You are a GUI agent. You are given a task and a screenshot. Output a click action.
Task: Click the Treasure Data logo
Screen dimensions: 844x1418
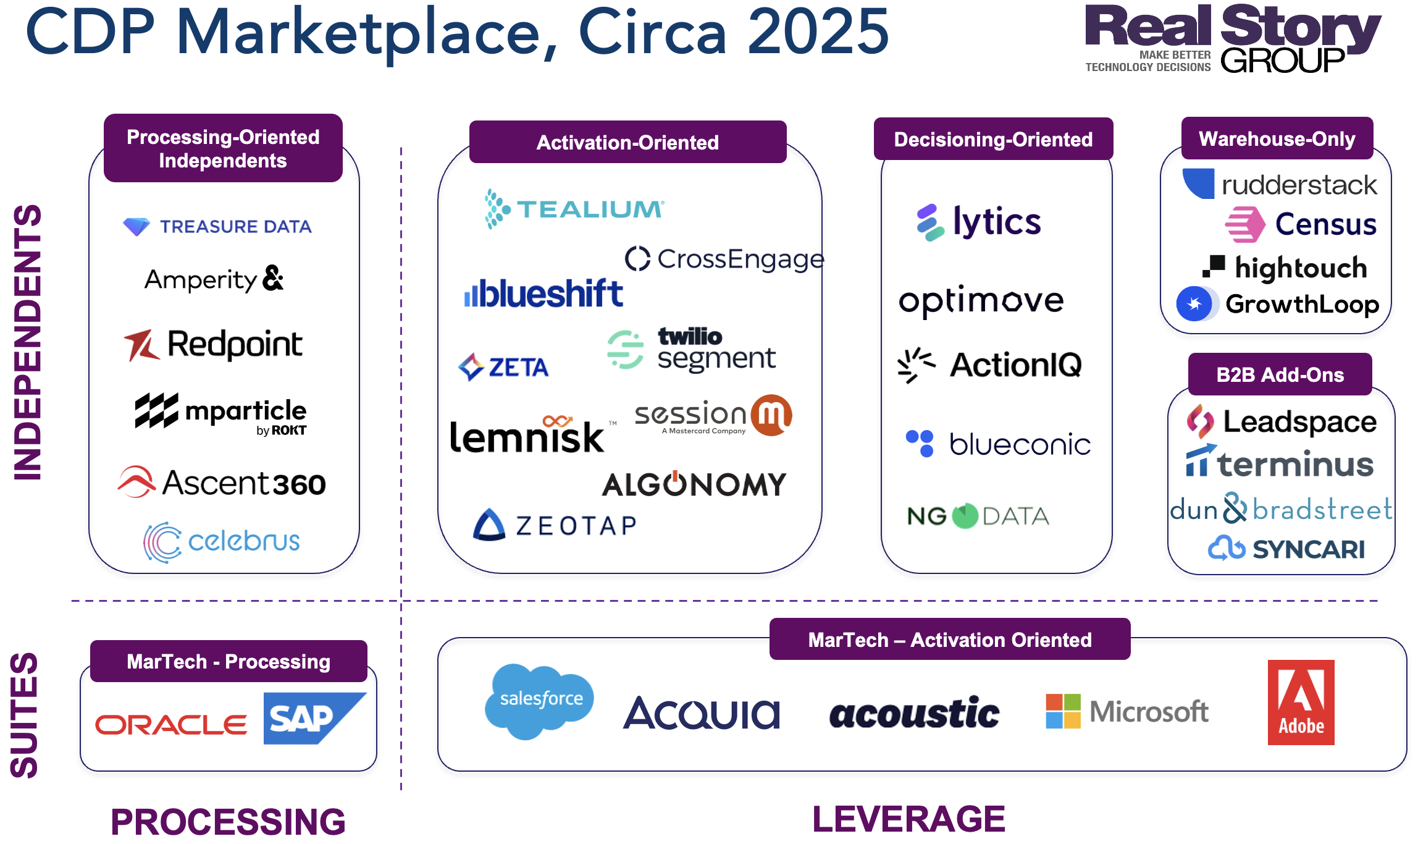click(x=217, y=226)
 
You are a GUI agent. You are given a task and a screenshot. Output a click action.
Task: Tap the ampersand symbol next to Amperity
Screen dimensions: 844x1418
click(x=273, y=278)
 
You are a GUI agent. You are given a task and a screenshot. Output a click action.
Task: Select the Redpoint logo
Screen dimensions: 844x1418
click(x=214, y=345)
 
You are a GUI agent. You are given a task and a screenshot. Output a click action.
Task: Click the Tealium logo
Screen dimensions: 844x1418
click(x=574, y=209)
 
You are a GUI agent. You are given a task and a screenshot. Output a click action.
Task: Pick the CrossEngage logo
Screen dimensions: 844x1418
click(x=724, y=259)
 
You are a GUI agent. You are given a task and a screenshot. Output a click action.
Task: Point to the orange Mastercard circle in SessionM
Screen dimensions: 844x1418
click(x=771, y=415)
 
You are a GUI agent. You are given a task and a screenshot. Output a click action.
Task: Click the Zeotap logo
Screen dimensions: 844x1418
click(x=555, y=525)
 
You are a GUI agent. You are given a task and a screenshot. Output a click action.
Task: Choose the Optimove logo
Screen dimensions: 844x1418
click(x=981, y=301)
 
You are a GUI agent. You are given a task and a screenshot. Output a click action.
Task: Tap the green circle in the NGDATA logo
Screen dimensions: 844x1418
click(x=965, y=516)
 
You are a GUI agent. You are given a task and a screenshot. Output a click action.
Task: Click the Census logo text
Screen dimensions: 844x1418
click(x=1325, y=224)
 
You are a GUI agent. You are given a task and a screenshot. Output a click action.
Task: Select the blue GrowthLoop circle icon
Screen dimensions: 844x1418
click(x=1194, y=304)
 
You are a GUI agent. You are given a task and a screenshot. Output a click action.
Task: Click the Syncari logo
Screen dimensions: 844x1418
click(x=1286, y=549)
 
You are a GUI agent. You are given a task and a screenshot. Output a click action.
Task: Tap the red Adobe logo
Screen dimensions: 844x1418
click(x=1301, y=703)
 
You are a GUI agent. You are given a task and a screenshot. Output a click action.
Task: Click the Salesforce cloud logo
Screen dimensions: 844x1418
click(x=540, y=700)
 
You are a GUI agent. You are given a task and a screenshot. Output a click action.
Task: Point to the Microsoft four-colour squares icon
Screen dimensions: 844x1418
click(x=1063, y=711)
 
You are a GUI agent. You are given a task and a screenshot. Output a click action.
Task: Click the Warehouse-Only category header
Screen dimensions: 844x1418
click(x=1277, y=139)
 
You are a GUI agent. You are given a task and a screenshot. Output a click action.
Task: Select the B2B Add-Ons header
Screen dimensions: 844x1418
click(x=1280, y=374)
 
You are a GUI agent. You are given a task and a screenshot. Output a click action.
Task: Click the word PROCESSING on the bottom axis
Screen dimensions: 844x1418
click(x=228, y=822)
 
